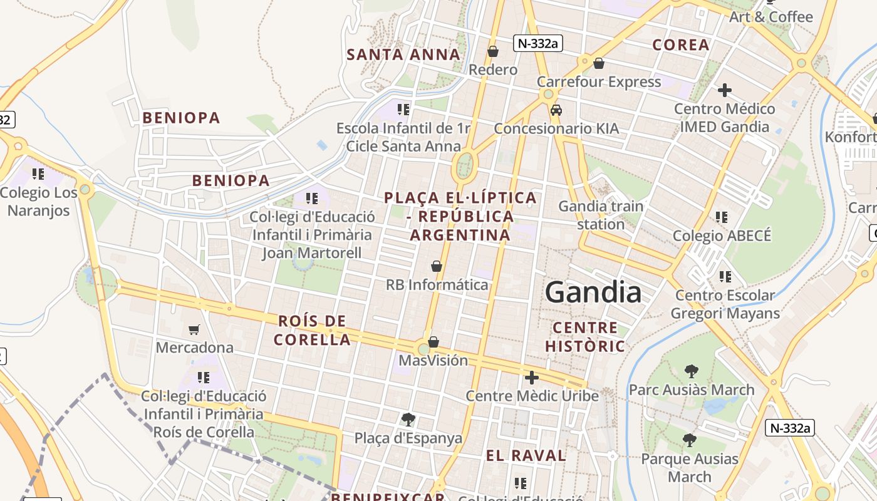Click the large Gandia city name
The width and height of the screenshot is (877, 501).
[593, 292]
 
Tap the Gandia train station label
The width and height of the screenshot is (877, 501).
[600, 215]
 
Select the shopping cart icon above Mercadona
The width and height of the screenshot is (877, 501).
[194, 329]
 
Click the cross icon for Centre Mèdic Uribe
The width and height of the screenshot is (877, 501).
[531, 378]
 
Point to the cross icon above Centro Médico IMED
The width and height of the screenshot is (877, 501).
[724, 90]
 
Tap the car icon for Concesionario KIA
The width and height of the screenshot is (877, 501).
[556, 110]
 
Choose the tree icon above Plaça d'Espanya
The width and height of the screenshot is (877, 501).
[408, 420]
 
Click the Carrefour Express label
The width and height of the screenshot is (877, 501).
[598, 82]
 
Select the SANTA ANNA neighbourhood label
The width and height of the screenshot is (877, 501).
[403, 54]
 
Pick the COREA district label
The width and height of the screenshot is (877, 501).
[681, 45]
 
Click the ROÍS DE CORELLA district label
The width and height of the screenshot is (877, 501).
[313, 331]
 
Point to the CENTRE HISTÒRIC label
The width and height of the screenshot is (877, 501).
[585, 337]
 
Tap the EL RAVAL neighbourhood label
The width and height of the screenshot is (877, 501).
[526, 455]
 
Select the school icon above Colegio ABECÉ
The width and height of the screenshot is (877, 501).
[722, 217]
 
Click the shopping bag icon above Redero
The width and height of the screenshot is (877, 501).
[493, 51]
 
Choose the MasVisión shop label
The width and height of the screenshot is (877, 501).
[433, 361]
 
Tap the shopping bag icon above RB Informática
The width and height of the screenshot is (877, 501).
[437, 267]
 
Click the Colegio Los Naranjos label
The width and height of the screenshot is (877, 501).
[38, 201]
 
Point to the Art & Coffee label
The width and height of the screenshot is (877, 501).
[771, 17]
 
